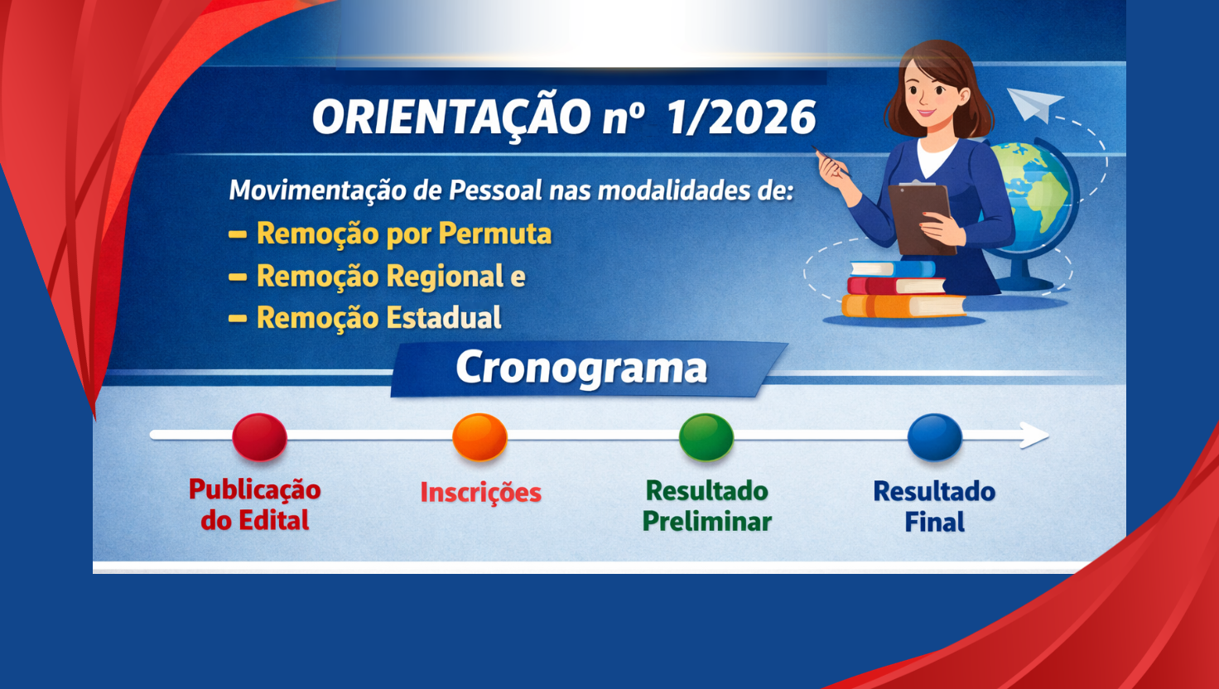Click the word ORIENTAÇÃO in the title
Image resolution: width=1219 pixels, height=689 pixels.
point(451,118)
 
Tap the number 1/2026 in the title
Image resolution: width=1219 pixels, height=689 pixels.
point(742,118)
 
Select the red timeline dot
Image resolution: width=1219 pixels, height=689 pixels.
point(259,436)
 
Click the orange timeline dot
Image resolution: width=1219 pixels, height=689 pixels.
point(479,436)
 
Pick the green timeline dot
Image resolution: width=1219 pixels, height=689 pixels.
point(706,436)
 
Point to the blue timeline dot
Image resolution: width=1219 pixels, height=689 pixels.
point(934,436)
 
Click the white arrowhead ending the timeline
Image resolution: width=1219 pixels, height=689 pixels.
point(1035,435)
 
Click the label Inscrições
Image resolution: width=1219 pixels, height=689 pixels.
point(480,492)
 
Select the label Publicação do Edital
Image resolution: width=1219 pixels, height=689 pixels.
point(254,504)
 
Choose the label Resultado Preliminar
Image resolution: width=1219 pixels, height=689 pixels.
point(706,506)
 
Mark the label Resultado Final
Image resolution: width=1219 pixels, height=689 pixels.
point(934,506)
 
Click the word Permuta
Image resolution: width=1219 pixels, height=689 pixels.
point(495,234)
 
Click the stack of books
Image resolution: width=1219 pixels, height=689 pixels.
point(903,290)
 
